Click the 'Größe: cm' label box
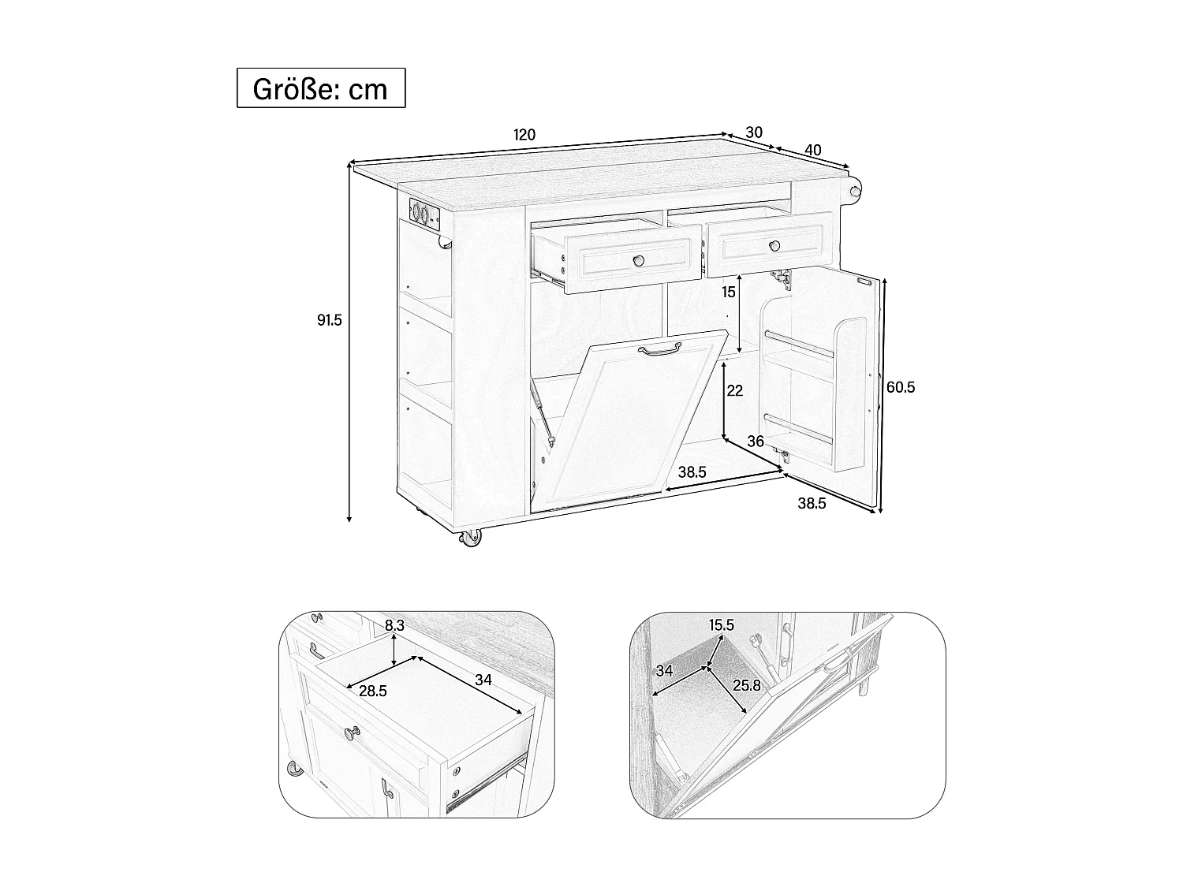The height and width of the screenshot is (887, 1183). [321, 88]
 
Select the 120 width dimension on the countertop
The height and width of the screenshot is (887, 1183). [524, 135]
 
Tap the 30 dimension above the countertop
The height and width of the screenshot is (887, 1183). [754, 132]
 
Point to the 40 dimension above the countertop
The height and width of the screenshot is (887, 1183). [813, 150]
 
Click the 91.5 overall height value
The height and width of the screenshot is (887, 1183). [329, 320]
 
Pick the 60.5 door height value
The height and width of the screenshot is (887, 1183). [900, 387]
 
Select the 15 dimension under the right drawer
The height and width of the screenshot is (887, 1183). [728, 292]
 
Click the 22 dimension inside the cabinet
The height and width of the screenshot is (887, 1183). [735, 390]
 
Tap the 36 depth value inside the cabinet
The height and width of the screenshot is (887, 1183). [756, 442]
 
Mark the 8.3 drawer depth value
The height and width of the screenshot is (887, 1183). [395, 625]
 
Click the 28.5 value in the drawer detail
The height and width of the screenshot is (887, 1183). [372, 691]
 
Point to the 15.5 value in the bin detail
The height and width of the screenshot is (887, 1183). [721, 625]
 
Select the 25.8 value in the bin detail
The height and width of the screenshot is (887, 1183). [746, 686]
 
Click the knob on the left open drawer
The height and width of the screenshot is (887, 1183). [638, 260]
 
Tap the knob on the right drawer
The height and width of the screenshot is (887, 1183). [775, 246]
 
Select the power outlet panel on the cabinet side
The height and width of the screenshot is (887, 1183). [424, 213]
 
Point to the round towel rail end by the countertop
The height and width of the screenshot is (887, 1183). [854, 188]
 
